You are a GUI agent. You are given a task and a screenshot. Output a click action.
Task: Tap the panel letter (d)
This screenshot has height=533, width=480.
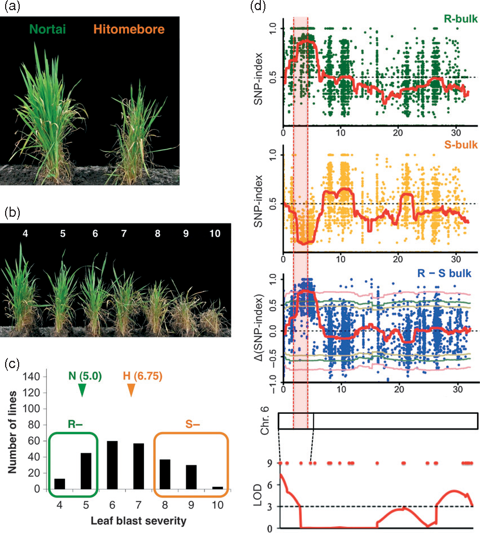coord(256,7)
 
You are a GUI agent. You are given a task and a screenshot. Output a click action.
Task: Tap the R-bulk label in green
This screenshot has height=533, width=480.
coord(460,19)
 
